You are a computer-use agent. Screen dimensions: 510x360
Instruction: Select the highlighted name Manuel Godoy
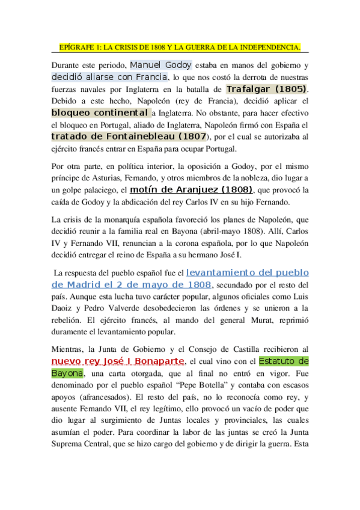[160, 65]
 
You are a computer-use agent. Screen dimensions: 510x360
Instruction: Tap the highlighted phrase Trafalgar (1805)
[269, 89]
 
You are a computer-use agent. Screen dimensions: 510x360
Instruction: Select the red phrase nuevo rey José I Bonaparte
[118, 361]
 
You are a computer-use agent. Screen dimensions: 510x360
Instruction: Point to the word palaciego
[102, 191]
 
